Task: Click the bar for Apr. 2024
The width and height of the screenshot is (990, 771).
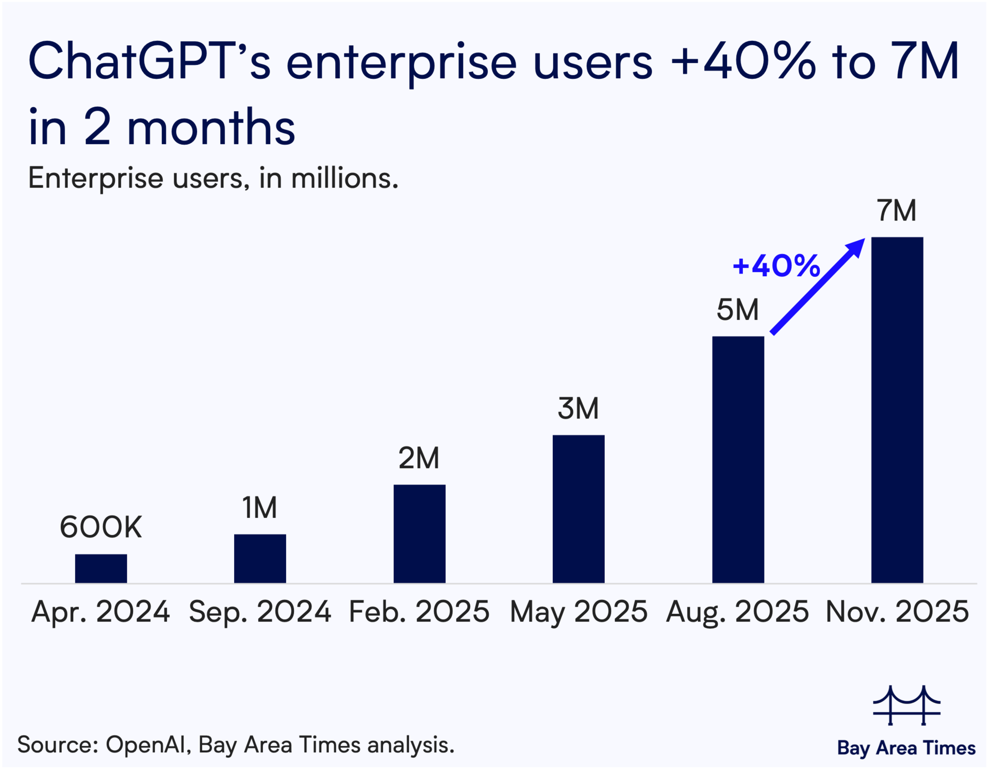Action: tap(101, 568)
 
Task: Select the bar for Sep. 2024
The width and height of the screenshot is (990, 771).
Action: tap(260, 559)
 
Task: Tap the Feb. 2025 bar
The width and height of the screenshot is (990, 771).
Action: tap(419, 534)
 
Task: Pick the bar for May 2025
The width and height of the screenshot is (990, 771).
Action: tap(579, 509)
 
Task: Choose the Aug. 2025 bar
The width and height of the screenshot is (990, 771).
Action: tap(738, 460)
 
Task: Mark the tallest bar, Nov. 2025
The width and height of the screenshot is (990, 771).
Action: tap(897, 410)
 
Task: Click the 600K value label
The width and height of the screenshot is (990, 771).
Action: tap(101, 527)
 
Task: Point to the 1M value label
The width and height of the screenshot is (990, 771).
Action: tap(260, 508)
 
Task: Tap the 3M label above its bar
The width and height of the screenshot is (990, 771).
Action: tap(579, 409)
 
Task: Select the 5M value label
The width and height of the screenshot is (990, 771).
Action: tap(738, 310)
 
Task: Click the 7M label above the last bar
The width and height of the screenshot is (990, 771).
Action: tap(897, 210)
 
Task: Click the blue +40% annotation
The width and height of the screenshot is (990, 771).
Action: tap(776, 266)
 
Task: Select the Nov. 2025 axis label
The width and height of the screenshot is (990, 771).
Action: tap(897, 612)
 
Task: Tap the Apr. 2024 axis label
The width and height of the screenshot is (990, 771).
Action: tap(101, 612)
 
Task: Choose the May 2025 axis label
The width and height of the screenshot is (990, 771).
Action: tap(579, 612)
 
